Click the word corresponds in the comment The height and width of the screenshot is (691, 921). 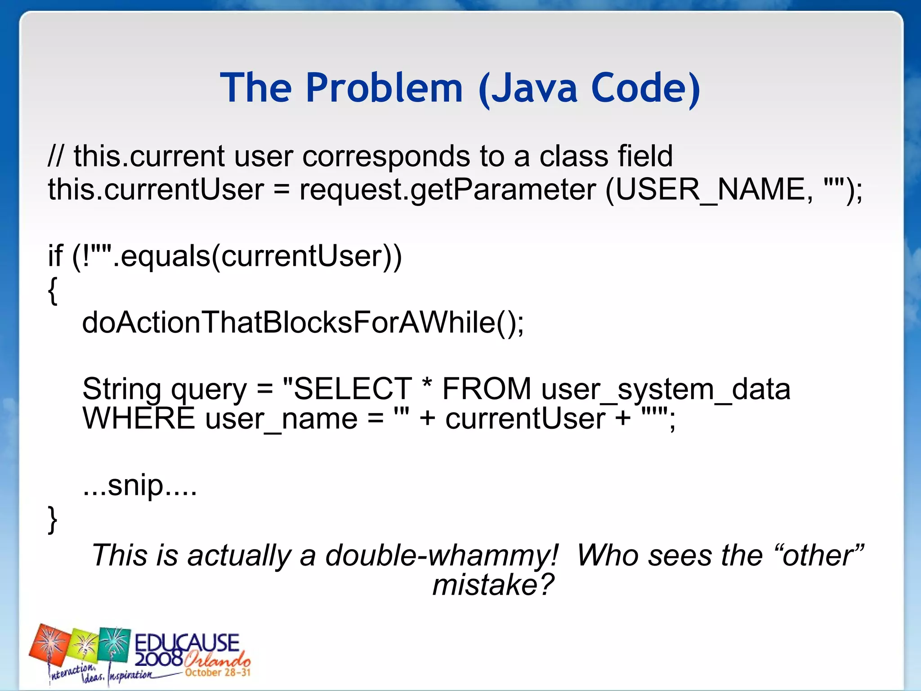tap(386, 157)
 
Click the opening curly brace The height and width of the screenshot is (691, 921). tap(53, 290)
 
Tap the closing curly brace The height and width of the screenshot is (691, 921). tap(53, 519)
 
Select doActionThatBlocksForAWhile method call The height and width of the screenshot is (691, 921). tap(303, 323)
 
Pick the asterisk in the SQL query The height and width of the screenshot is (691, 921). tap(427, 385)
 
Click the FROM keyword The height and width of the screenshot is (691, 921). tap(487, 389)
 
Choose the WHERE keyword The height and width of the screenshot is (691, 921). tap(139, 418)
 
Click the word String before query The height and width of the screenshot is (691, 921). tap(121, 389)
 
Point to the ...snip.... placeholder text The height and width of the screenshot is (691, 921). tap(140, 486)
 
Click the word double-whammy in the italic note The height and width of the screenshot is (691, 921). tap(442, 555)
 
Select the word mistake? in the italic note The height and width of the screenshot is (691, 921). tap(493, 585)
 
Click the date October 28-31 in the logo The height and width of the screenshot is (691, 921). tap(218, 673)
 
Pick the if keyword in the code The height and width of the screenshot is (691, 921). tap(55, 256)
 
